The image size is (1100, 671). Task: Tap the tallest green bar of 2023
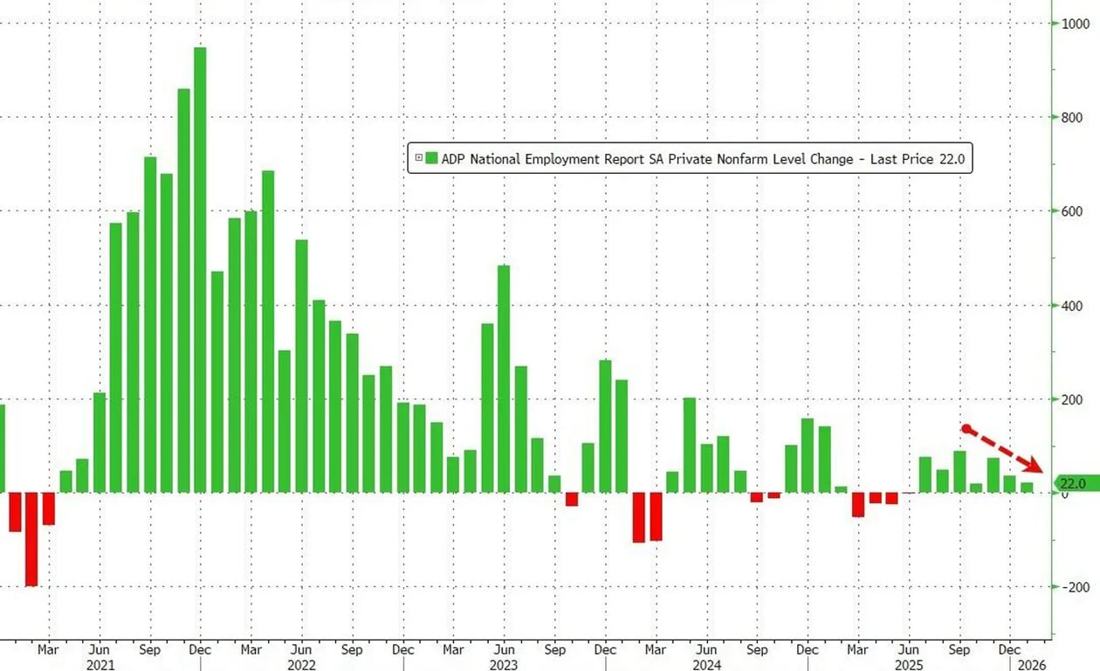504,378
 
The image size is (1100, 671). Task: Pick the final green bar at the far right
1027,488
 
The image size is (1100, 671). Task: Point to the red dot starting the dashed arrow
966,428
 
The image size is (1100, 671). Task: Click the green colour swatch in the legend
431,159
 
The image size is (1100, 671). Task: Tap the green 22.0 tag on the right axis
1071,483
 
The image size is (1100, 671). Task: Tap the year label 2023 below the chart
504,665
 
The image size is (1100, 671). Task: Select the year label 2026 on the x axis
1031,665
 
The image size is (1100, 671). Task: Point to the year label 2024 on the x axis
706,665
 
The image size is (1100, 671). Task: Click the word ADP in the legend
455,159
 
